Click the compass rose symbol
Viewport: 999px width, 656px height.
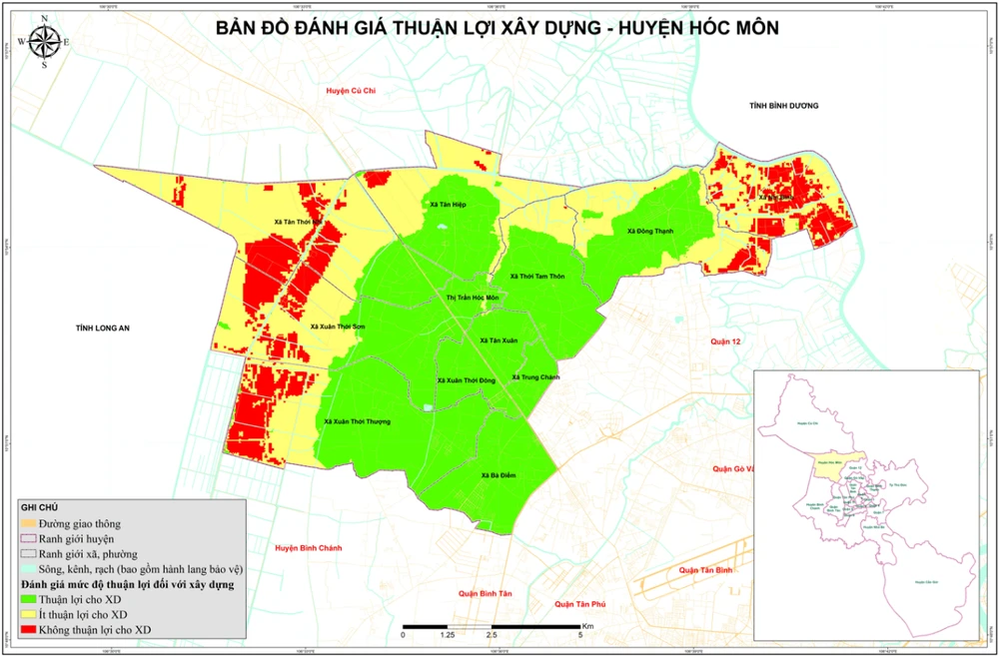pos(44,43)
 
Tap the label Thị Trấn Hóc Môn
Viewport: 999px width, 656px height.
pos(472,299)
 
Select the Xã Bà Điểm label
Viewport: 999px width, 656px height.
pos(497,475)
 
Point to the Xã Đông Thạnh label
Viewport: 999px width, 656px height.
pos(650,231)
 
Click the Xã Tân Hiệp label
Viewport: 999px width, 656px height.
pos(447,204)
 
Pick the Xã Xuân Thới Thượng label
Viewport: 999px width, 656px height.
pos(357,421)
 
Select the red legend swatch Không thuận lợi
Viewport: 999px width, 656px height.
pos(28,630)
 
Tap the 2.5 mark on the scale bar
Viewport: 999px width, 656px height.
pos(491,634)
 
